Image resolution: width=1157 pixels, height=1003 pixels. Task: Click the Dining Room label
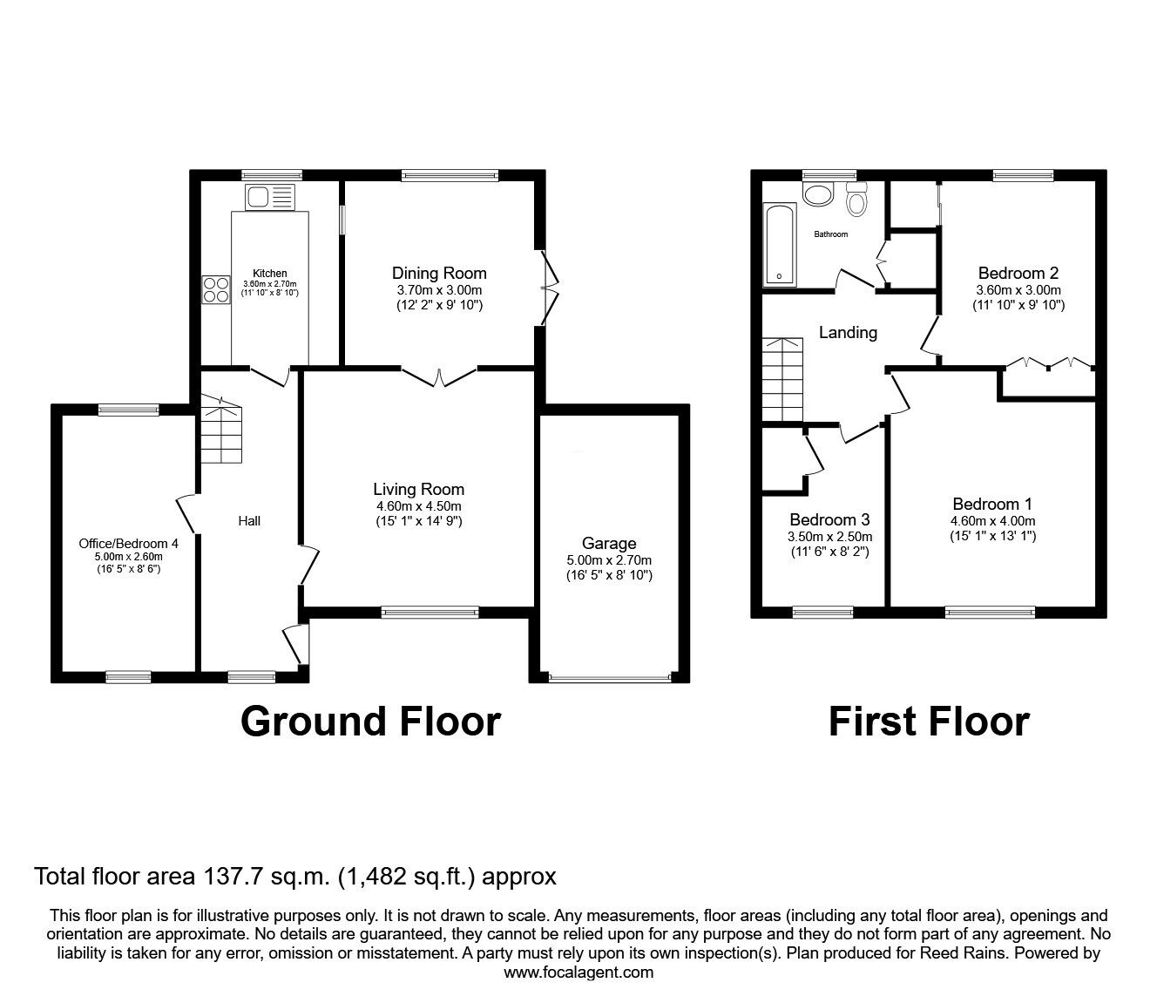tap(439, 273)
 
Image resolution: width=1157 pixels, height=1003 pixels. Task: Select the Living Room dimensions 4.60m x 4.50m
tap(418, 506)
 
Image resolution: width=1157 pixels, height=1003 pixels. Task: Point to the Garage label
tap(609, 544)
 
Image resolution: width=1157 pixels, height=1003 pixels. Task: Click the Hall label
tap(249, 521)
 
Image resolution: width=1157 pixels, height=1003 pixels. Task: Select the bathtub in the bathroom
tap(778, 245)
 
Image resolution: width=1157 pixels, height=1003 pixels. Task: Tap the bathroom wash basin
tap(818, 193)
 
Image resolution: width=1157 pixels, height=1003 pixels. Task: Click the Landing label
tap(848, 332)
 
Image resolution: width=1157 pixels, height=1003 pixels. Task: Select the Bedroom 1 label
tap(992, 504)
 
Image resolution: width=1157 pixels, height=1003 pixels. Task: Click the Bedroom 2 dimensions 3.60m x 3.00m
tap(1018, 290)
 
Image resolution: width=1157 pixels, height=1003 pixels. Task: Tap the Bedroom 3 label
tap(829, 520)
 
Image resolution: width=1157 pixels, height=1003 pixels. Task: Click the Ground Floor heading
tap(370, 722)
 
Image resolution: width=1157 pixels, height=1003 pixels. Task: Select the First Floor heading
tap(929, 722)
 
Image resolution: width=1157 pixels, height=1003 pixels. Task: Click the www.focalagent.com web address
tap(578, 972)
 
